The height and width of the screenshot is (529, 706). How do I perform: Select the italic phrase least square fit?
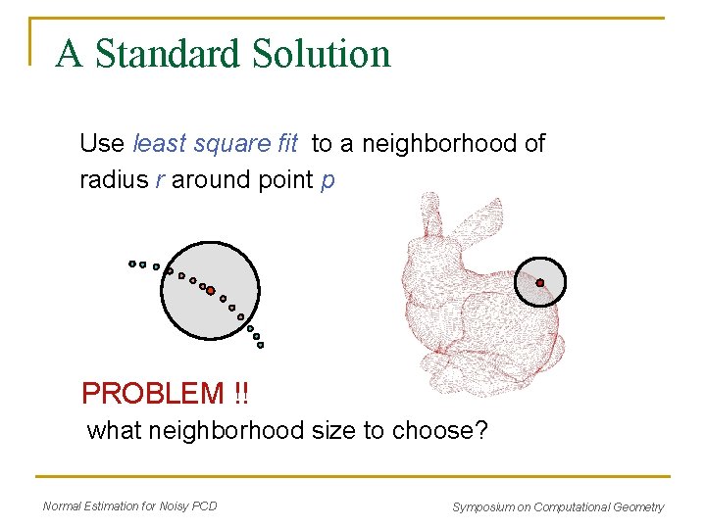tap(215, 144)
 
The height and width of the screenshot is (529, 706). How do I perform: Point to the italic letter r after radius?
tap(159, 180)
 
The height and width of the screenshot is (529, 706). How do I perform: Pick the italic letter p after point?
tap(328, 181)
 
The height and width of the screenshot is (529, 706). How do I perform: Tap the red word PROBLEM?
tap(153, 394)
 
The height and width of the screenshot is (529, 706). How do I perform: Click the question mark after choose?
tap(480, 430)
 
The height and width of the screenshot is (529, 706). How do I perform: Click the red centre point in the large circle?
tap(210, 290)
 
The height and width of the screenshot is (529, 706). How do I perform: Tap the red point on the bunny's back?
tap(539, 283)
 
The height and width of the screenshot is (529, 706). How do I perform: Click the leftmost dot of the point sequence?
tap(132, 263)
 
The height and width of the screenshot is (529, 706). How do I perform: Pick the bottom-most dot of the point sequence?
tap(260, 345)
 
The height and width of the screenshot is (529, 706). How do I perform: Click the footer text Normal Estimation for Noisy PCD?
tap(130, 505)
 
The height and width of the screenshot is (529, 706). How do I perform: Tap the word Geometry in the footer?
tap(638, 506)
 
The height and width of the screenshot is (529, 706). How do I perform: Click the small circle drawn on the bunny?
tap(540, 259)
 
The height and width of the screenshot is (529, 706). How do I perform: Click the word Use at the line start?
tap(102, 144)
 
